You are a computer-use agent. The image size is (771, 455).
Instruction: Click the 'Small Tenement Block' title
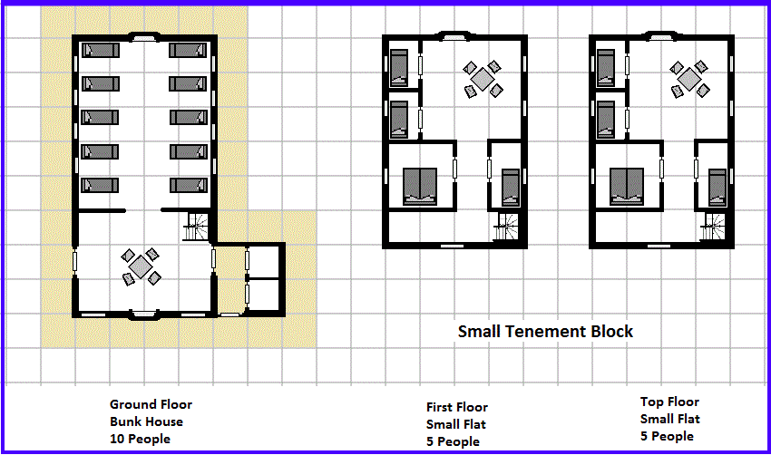545,331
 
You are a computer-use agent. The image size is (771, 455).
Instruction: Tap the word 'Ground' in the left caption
130,404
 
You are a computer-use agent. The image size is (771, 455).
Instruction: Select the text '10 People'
140,439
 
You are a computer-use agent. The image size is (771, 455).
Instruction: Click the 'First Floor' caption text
457,407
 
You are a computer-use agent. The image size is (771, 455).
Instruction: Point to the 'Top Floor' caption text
669,402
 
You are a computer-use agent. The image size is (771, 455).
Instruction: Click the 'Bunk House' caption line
147,421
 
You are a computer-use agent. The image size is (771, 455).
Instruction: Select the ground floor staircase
196,227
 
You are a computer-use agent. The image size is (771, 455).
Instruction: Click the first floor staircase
506,227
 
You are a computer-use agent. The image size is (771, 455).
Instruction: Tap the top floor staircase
713,227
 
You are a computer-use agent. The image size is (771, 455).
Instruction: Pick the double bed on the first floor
420,186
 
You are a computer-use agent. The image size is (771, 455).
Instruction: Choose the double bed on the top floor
627,186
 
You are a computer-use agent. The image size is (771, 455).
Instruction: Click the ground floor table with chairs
141,266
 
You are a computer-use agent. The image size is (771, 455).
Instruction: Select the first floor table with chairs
483,79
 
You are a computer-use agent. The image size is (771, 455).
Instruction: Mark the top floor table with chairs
689,79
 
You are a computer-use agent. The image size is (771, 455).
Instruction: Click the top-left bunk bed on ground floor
101,51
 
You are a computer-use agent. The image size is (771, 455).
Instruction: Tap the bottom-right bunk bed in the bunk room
189,185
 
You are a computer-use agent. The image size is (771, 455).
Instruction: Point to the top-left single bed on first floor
399,68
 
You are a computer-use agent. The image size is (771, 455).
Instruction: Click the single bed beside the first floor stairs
511,188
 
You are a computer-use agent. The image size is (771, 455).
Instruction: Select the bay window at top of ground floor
143,37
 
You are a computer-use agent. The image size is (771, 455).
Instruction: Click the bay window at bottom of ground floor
143,315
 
